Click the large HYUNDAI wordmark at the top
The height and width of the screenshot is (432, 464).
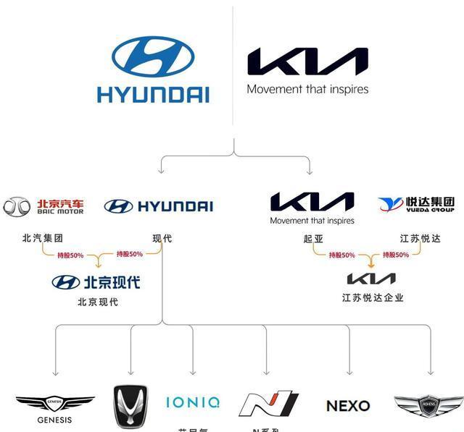click(x=153, y=94)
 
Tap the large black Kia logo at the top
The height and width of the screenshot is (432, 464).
click(x=307, y=62)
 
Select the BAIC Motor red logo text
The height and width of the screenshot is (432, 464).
click(x=60, y=206)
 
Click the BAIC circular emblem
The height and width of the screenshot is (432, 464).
click(x=17, y=207)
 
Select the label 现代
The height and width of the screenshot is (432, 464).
click(x=162, y=238)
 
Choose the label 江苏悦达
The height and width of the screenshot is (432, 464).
click(x=420, y=238)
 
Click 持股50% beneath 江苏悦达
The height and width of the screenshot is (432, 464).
click(x=396, y=255)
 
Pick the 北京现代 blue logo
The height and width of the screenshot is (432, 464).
click(x=96, y=282)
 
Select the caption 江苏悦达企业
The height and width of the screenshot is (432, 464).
click(x=373, y=297)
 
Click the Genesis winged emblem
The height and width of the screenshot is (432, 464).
click(x=55, y=402)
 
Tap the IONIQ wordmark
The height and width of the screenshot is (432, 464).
click(x=193, y=402)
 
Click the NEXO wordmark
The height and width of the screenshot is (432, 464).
click(x=348, y=406)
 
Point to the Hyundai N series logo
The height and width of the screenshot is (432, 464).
click(x=269, y=404)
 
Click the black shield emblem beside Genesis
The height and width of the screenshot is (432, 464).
click(x=130, y=406)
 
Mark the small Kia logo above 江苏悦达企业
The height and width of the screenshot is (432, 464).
click(x=371, y=279)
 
